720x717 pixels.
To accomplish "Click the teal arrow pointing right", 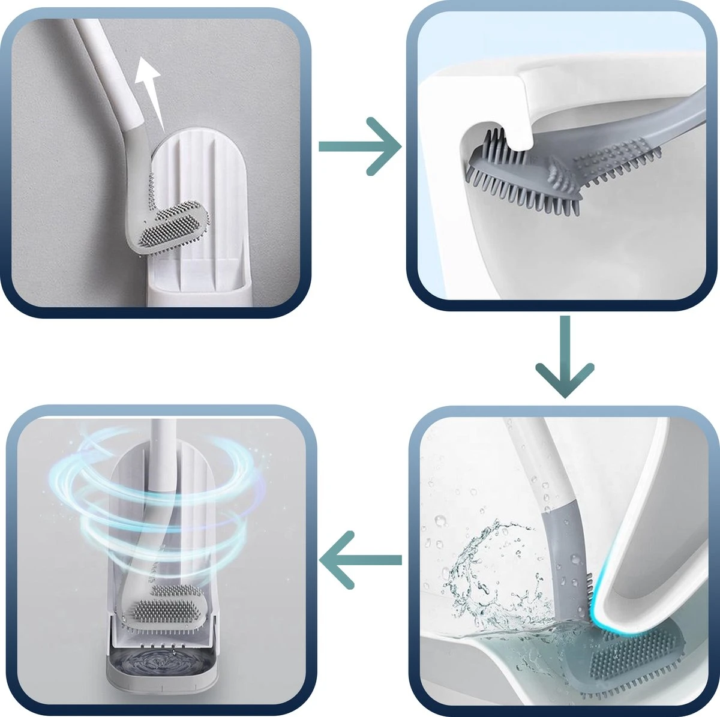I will (x=360, y=146).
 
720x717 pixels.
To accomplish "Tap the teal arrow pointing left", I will (x=360, y=560).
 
